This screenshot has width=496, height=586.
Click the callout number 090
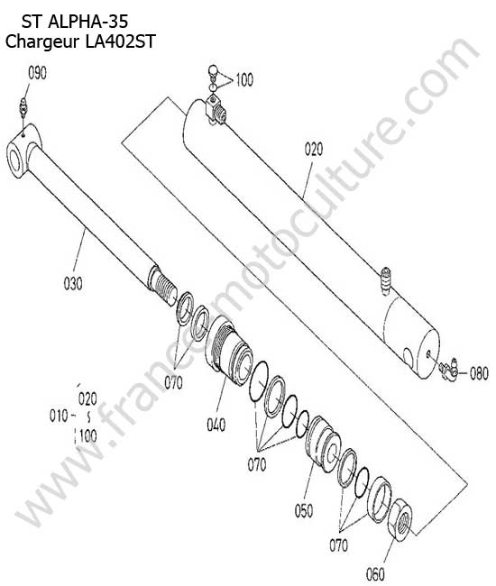(x=37, y=73)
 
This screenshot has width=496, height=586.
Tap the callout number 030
(x=73, y=284)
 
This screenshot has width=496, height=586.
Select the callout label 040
(x=216, y=425)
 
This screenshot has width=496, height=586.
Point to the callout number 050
(x=304, y=510)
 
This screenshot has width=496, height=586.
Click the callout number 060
(x=375, y=573)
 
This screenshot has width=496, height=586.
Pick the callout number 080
(x=479, y=373)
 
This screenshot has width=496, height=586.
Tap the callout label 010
(x=59, y=416)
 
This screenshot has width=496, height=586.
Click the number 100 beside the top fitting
(x=244, y=79)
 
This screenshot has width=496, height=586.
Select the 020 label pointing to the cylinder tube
(x=314, y=149)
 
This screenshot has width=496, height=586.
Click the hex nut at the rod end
(x=400, y=519)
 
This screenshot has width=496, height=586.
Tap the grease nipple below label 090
(x=23, y=106)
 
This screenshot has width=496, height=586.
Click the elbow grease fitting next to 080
(x=448, y=369)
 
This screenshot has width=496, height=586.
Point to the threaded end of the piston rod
(x=162, y=286)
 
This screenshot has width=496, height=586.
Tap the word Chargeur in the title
(x=42, y=41)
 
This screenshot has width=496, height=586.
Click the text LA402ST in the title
(x=120, y=41)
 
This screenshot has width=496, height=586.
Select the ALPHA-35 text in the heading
(x=88, y=22)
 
